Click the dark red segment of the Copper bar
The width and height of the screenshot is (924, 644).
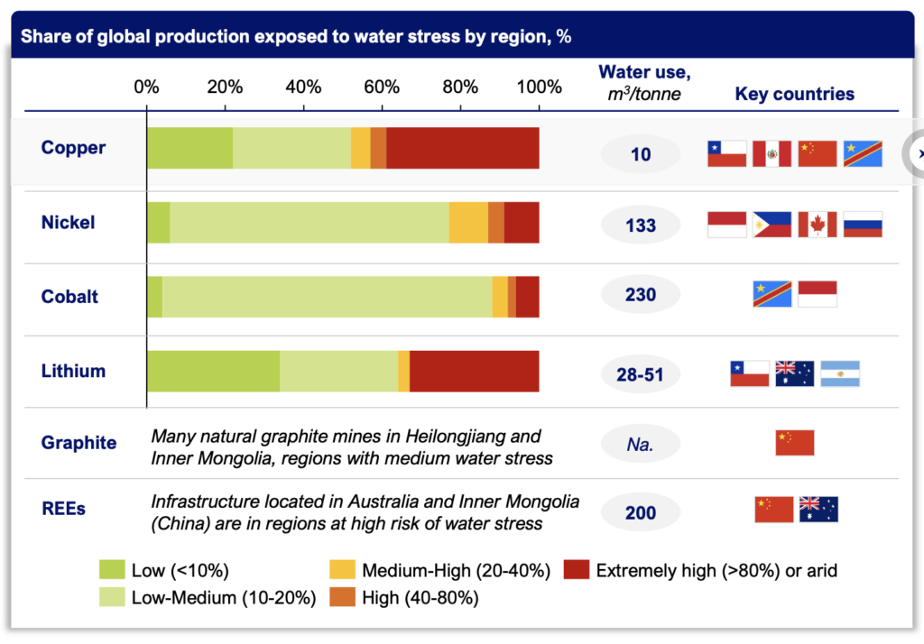click(x=463, y=148)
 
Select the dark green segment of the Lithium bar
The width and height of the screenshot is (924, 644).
click(x=213, y=372)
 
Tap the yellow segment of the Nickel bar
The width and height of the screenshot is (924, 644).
click(x=468, y=222)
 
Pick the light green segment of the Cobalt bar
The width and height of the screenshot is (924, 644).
click(x=328, y=297)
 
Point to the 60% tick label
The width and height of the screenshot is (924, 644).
click(x=382, y=87)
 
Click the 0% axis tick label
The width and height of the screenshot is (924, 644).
click(x=146, y=87)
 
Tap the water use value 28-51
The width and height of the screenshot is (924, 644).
click(x=641, y=373)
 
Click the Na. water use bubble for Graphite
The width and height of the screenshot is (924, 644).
click(x=641, y=444)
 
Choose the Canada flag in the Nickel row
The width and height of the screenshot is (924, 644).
click(x=818, y=225)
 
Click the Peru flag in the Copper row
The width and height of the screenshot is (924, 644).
click(x=772, y=154)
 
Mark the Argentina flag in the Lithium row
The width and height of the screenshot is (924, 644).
click(x=840, y=373)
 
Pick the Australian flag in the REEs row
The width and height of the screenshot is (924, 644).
click(x=818, y=510)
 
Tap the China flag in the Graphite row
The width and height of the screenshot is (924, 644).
click(x=794, y=443)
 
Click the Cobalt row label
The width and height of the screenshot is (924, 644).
click(x=69, y=297)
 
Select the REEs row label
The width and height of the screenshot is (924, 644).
click(x=63, y=510)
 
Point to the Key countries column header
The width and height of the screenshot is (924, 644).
click(x=794, y=94)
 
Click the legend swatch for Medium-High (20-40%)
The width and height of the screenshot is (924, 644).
click(x=342, y=570)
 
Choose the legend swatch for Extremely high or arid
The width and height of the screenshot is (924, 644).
click(x=576, y=570)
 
